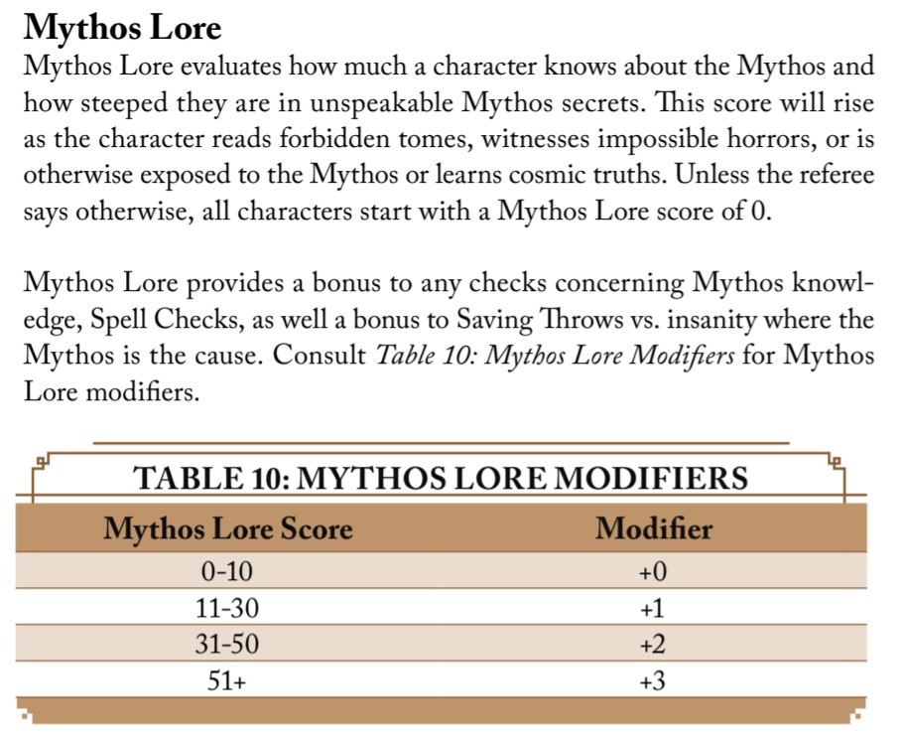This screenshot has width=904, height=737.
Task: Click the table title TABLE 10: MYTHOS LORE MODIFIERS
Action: coord(441,479)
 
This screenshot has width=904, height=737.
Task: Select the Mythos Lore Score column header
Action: coord(227,528)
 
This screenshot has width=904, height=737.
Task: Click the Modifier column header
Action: coord(653,528)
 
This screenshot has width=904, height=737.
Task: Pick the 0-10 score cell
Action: coord(227,571)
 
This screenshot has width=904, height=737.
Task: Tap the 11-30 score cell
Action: coord(227,607)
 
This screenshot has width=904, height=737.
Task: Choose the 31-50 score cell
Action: coord(227,645)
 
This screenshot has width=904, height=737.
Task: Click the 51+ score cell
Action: coord(227,681)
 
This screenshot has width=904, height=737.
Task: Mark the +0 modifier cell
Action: coord(653,571)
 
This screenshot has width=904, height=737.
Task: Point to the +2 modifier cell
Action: coord(653,645)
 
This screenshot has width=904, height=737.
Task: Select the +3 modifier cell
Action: coord(653,681)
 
